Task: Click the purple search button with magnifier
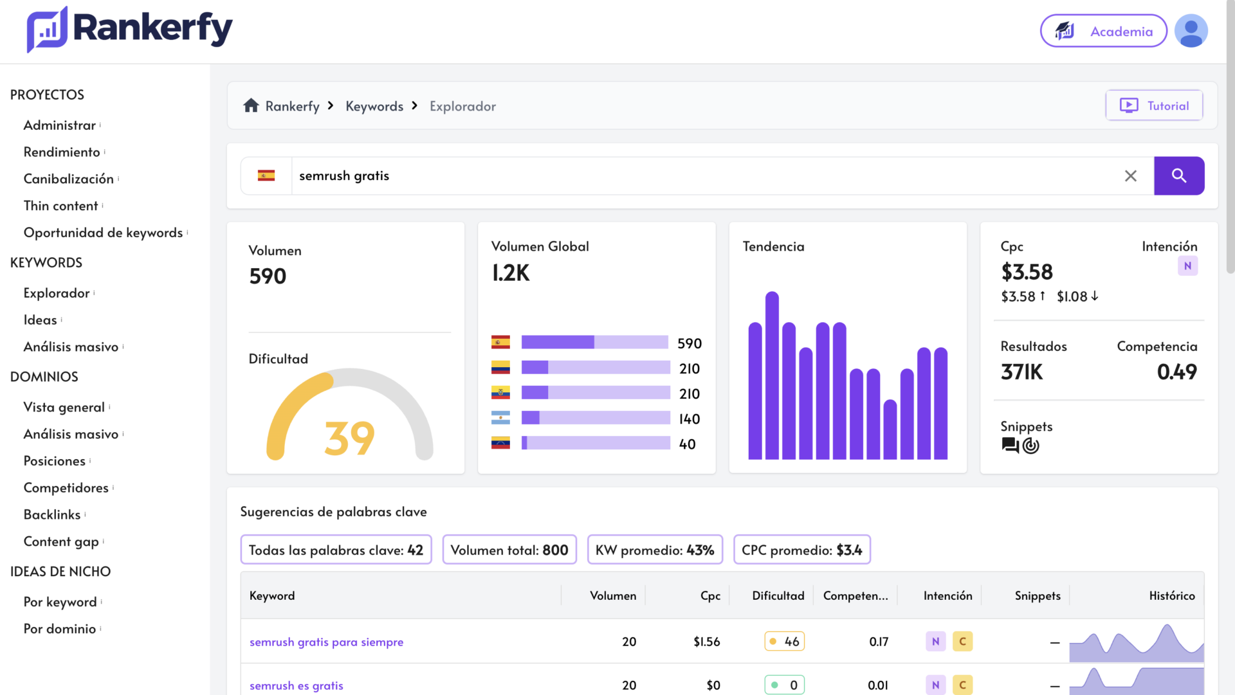coord(1179,176)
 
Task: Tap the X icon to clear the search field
coord(1131,176)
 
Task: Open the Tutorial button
coord(1155,105)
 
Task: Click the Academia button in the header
coord(1104,31)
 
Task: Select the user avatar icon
coord(1191,31)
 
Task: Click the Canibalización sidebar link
coord(69,179)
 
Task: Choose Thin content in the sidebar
coord(61,206)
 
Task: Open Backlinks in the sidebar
coord(52,514)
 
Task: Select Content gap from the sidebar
coord(61,541)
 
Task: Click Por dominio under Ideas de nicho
coord(60,629)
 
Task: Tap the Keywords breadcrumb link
coord(374,106)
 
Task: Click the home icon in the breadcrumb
coord(251,105)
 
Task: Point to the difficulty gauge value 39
coord(349,438)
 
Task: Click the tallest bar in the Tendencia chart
coord(772,375)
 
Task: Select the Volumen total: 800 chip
coord(509,550)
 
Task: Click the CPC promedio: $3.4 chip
coord(802,550)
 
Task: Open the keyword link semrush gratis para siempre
coord(327,642)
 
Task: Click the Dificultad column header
coord(778,595)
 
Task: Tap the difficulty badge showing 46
coord(785,641)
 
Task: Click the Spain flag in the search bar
coord(266,176)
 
